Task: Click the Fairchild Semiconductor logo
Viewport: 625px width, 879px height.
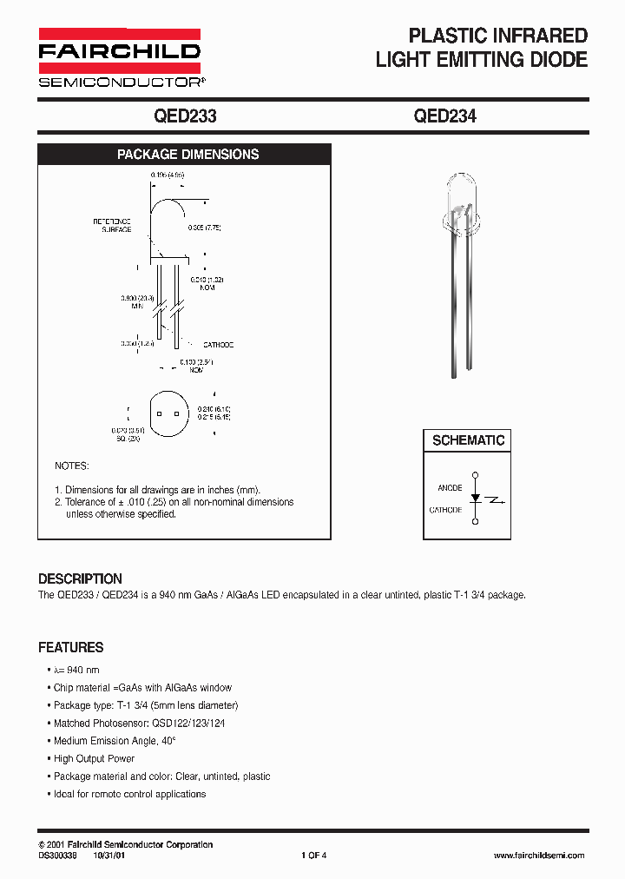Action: (x=119, y=57)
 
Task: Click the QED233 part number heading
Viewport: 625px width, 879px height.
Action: (x=184, y=116)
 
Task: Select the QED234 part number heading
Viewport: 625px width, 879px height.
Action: (x=444, y=116)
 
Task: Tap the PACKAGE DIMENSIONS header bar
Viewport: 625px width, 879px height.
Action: (x=187, y=155)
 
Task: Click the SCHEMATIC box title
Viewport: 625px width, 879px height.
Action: (x=468, y=440)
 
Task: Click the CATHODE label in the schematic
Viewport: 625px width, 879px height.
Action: (x=445, y=510)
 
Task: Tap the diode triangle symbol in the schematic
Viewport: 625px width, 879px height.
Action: (x=475, y=499)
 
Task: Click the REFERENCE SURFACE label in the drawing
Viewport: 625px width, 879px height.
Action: (x=113, y=225)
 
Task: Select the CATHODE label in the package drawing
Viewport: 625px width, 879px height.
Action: (x=219, y=345)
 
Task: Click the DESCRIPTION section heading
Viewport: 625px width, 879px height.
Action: (x=80, y=578)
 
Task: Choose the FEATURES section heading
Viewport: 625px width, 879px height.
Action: (x=70, y=647)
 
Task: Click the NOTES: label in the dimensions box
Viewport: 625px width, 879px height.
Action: (x=71, y=466)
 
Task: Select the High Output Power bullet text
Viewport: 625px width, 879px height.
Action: (x=94, y=758)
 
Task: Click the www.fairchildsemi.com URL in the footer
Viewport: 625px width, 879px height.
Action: (x=538, y=856)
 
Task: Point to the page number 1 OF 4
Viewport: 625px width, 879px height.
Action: (x=313, y=856)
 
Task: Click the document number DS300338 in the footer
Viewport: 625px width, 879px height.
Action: (x=58, y=856)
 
